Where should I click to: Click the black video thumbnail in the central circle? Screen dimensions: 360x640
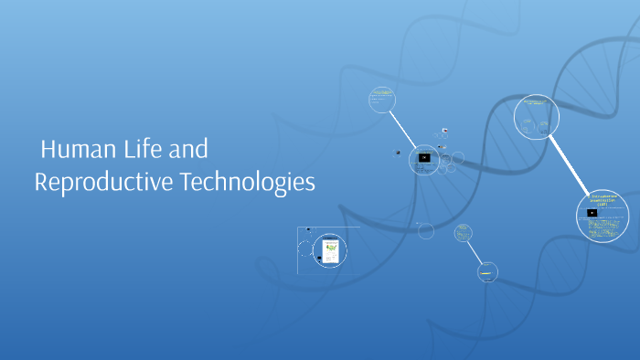(424, 157)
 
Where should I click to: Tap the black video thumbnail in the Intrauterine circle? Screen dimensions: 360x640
(592, 213)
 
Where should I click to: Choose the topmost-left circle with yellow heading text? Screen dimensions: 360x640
(381, 99)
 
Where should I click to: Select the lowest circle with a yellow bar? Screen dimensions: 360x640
(488, 270)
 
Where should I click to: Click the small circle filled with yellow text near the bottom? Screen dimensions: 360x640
(464, 232)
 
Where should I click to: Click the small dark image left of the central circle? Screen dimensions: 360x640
(398, 153)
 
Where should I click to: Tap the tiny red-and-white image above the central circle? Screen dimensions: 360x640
(445, 131)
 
